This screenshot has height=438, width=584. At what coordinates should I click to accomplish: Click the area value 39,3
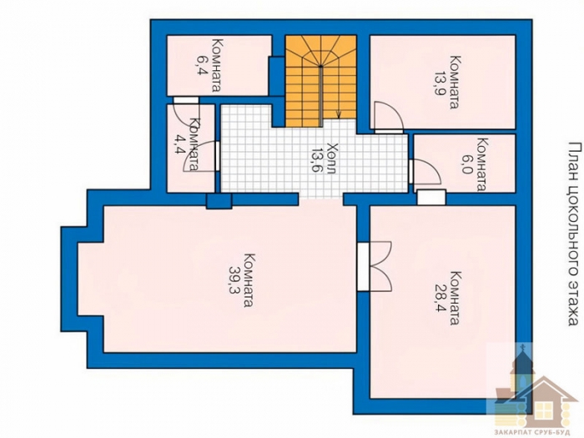point(235,280)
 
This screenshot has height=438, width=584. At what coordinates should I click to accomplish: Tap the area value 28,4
point(441,299)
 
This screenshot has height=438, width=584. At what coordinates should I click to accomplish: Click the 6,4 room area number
point(202,66)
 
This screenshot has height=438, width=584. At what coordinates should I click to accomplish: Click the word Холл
point(331,158)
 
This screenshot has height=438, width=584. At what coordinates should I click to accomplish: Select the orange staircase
point(320,81)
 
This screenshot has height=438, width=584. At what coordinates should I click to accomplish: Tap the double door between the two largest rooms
point(375,266)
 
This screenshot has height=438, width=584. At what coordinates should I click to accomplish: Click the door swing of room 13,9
point(389,117)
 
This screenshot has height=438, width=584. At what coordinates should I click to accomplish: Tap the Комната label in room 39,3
point(249,280)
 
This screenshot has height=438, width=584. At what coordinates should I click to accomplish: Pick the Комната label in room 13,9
point(455,83)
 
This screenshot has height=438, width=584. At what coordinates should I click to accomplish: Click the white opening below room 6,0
point(431,198)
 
